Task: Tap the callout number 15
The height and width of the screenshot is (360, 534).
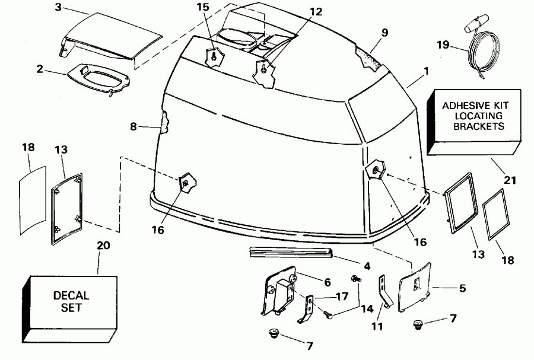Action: point(203,8)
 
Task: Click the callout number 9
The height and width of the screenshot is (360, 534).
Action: point(385,33)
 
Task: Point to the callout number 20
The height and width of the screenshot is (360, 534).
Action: point(103,245)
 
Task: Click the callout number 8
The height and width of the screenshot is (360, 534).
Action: point(134,126)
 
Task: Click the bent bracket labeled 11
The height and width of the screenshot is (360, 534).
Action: point(384,294)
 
